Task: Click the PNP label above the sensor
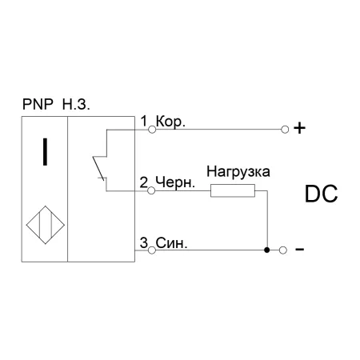(x=38, y=104)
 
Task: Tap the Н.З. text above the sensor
(x=76, y=104)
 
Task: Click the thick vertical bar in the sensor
(x=45, y=152)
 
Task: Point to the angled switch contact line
(x=98, y=168)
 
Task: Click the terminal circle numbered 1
(x=152, y=130)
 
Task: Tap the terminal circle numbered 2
(x=151, y=190)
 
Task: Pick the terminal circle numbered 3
(x=152, y=250)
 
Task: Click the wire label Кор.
(x=170, y=122)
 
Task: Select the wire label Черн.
(x=175, y=182)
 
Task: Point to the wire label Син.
(x=171, y=243)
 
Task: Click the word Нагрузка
(x=238, y=172)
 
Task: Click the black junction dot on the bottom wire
(x=267, y=250)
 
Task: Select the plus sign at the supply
(x=299, y=128)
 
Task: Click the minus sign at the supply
(x=299, y=250)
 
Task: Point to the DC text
(x=321, y=194)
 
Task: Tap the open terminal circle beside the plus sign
(x=285, y=130)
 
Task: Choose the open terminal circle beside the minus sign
(x=283, y=250)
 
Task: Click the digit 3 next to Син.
(x=144, y=243)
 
